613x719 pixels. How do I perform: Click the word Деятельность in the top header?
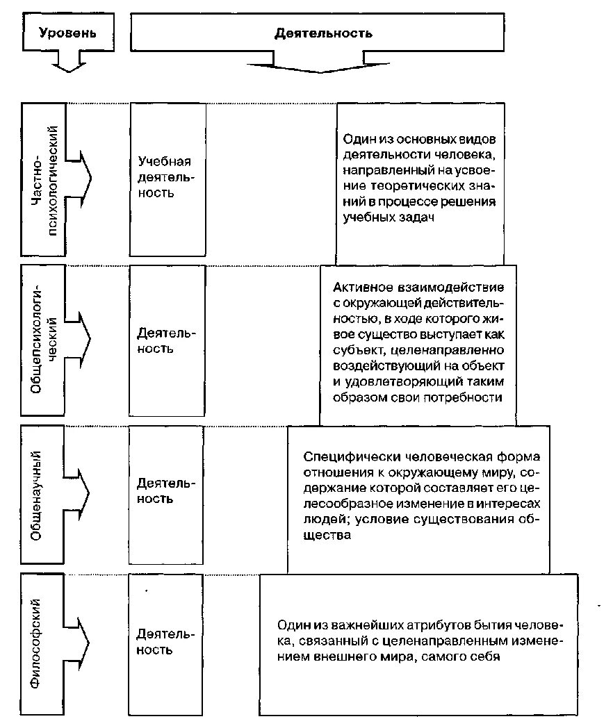tap(323, 33)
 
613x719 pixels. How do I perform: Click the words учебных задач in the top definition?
tap(389, 217)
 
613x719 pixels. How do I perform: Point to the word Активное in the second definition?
tap(362, 287)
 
